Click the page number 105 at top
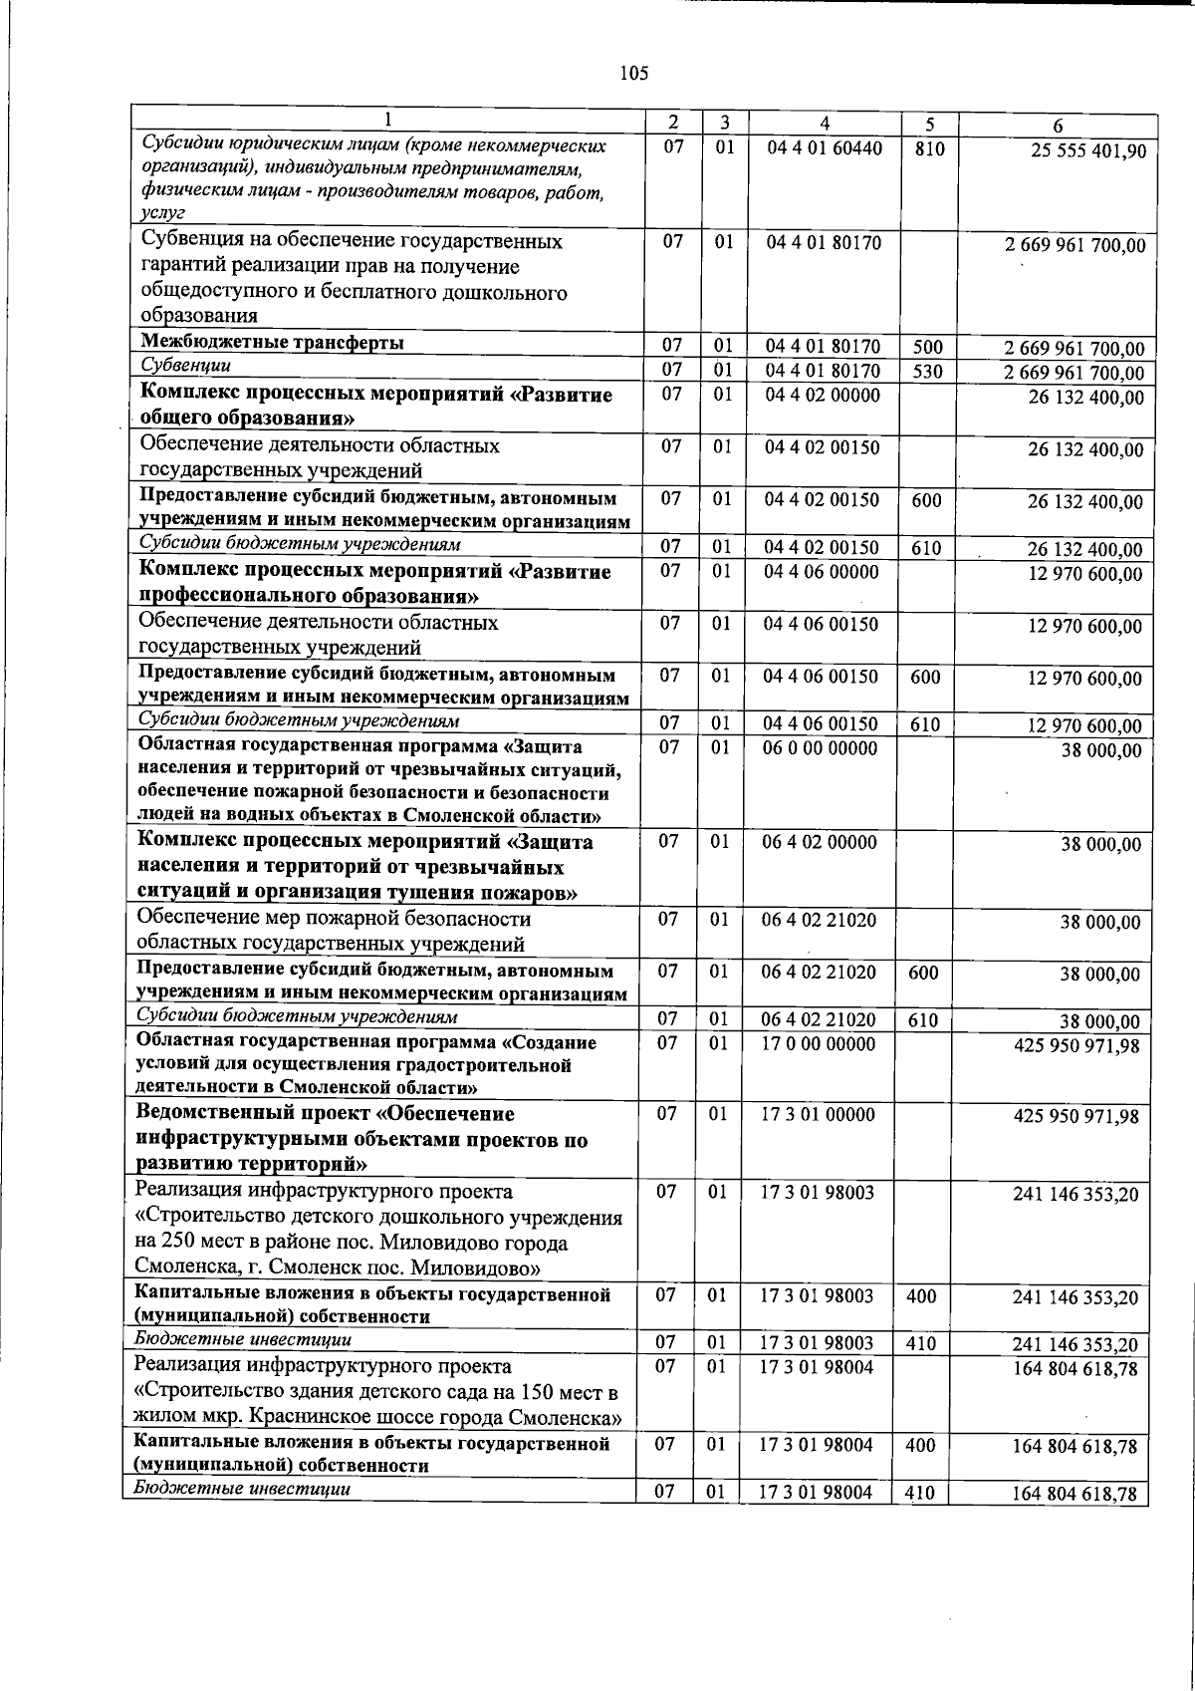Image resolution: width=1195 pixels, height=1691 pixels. pos(633,73)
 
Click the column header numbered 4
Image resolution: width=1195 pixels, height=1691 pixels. pos(825,124)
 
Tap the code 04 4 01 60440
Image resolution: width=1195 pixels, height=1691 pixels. pos(824,149)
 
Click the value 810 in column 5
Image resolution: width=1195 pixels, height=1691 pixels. pos(928,149)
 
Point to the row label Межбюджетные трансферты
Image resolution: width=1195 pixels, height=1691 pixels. pos(272,343)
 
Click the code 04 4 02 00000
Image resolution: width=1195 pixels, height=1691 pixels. pos(823,396)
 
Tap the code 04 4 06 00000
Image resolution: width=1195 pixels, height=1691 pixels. pos(822,572)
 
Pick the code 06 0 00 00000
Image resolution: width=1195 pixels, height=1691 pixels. pos(821,748)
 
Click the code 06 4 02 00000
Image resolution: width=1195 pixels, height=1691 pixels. pos(820,843)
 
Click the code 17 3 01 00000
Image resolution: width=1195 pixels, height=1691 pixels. pos(818,1115)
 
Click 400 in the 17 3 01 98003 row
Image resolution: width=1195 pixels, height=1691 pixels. pos(922,1296)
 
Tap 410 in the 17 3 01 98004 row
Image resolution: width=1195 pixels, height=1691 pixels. pos(921,1493)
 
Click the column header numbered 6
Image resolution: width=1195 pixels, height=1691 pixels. pos(1058,126)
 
